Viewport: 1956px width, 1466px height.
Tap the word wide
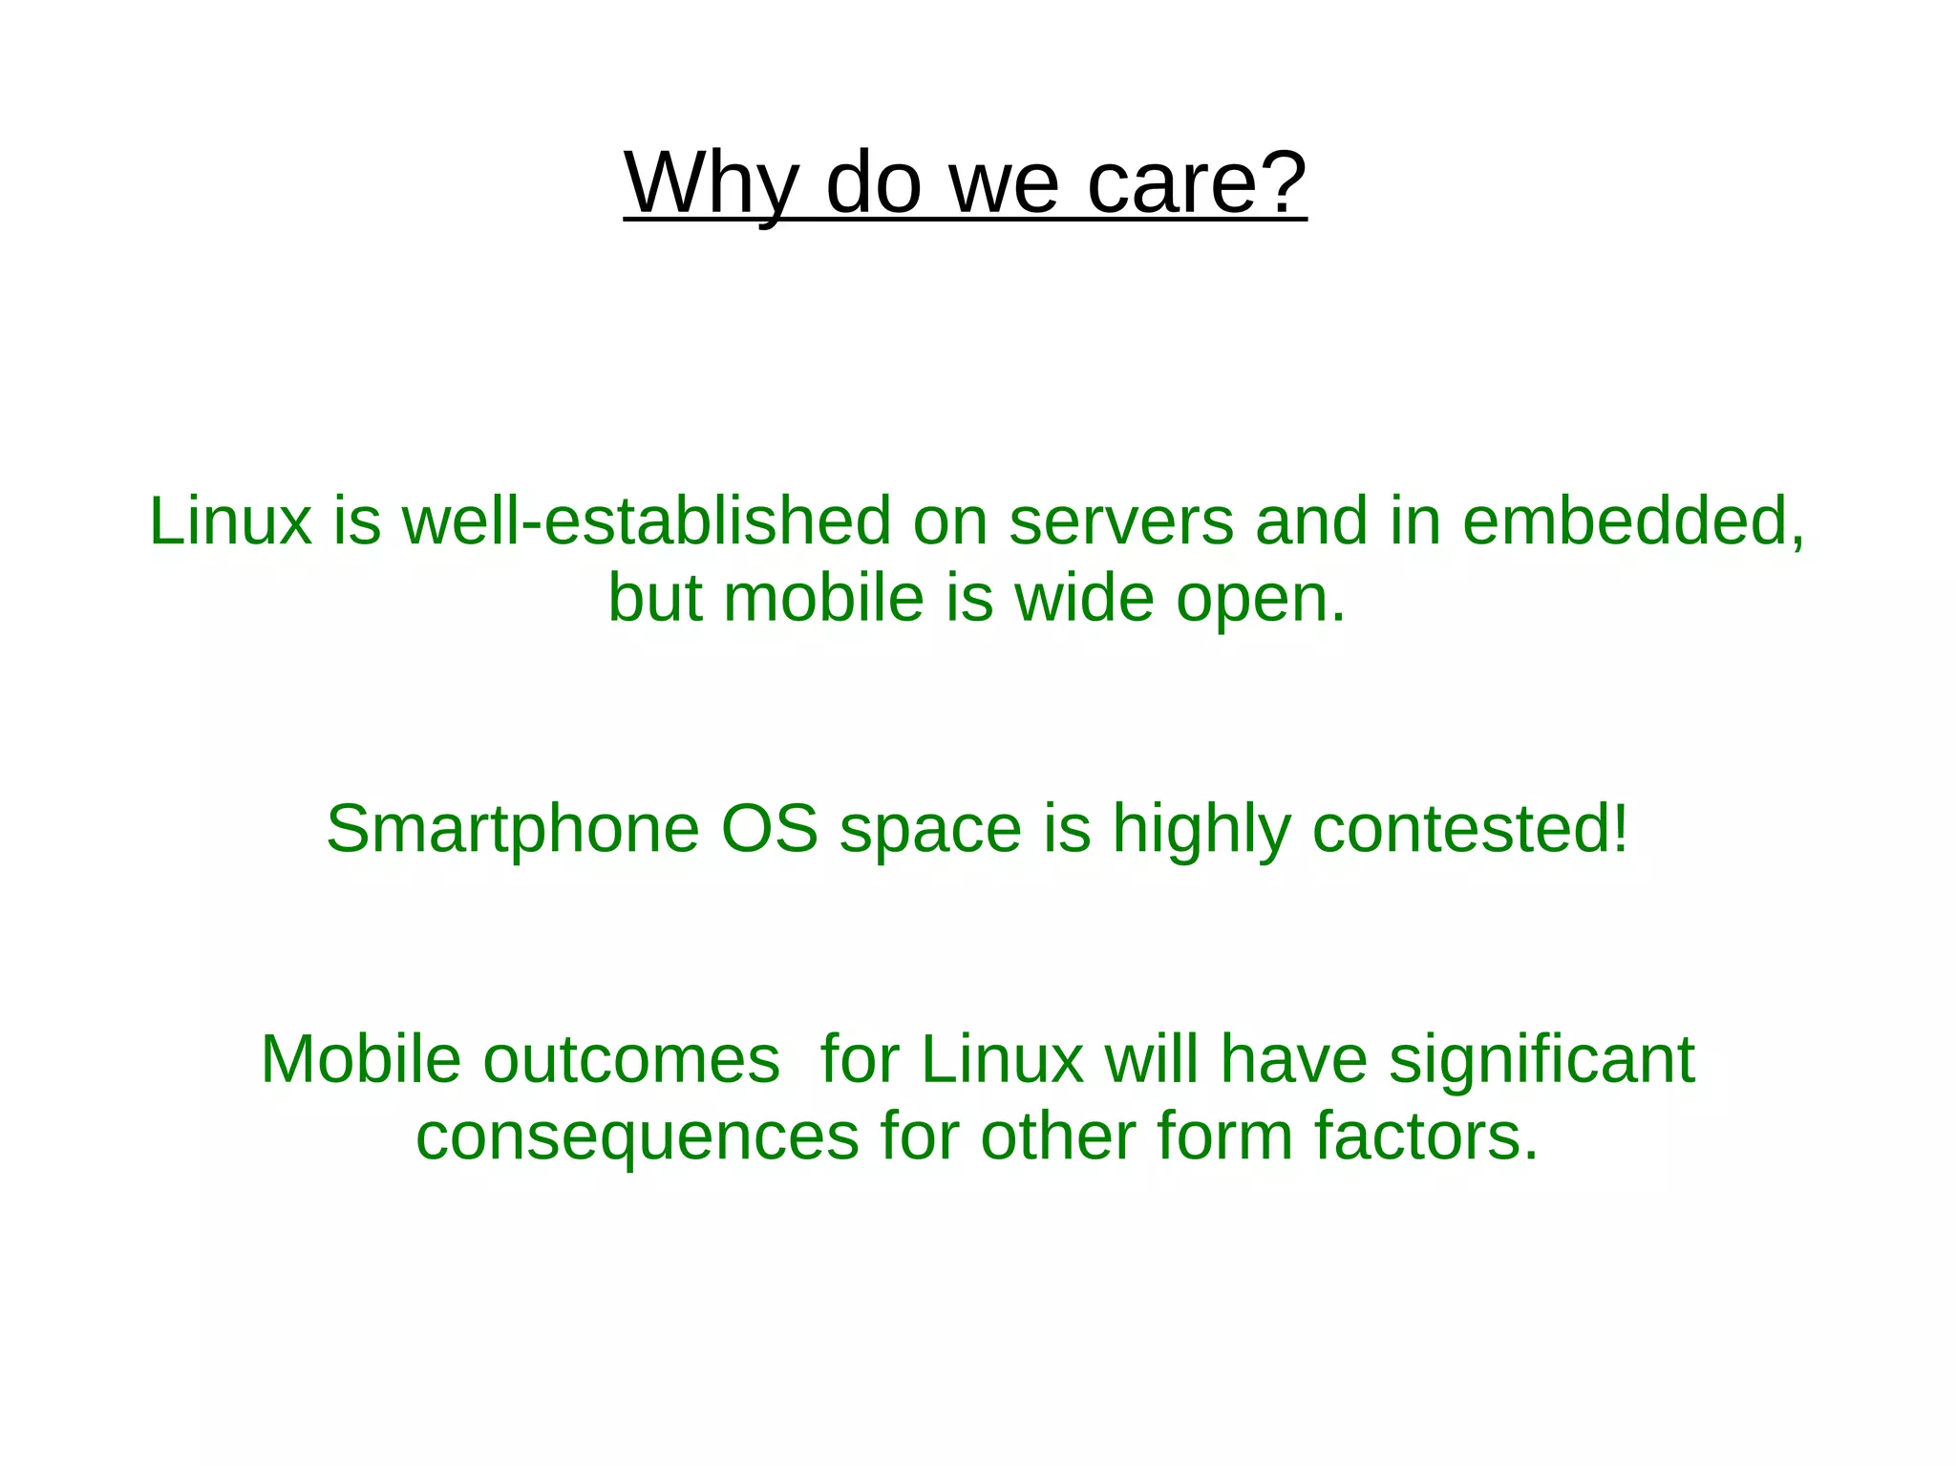pyautogui.click(x=1084, y=599)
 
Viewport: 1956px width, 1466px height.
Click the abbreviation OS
pyautogui.click(x=769, y=828)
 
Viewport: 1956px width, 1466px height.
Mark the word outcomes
pyautogui.click(x=631, y=1059)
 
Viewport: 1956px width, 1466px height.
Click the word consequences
pyautogui.click(x=638, y=1137)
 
